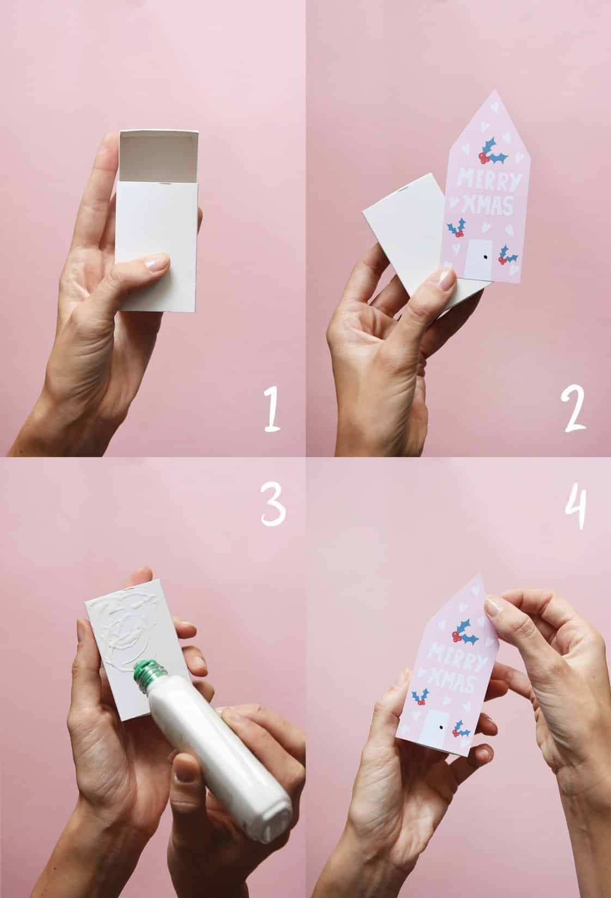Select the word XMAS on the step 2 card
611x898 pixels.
(488, 205)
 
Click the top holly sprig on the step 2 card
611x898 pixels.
(493, 152)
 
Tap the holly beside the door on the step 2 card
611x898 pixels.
(507, 255)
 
